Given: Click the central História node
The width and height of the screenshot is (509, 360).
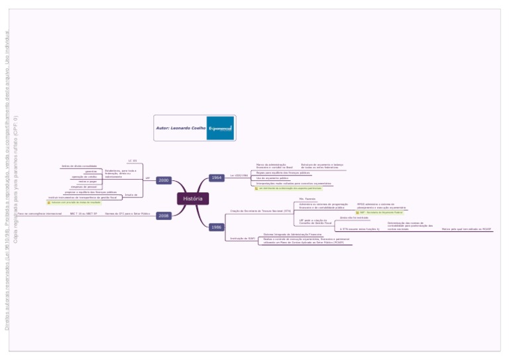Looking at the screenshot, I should [193, 198].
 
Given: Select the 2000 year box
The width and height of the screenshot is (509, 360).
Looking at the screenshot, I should [164, 180].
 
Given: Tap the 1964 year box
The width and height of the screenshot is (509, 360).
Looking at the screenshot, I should [217, 178].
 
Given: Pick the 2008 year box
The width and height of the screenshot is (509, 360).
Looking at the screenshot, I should [164, 215].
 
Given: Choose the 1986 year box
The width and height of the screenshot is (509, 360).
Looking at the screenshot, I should [217, 227].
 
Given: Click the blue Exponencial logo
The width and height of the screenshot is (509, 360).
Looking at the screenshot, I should [221, 127].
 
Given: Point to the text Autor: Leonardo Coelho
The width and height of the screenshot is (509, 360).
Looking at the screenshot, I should [180, 127].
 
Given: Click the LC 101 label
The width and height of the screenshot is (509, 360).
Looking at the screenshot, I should [133, 160].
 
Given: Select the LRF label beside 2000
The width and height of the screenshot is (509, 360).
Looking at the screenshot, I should [147, 178].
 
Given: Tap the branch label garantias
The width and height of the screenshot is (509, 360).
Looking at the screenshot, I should [91, 171].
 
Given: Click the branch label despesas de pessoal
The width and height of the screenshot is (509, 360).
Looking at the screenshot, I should [84, 187].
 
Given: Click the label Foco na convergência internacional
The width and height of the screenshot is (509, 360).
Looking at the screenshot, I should [40, 214].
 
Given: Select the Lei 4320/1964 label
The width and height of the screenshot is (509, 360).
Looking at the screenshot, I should [239, 176].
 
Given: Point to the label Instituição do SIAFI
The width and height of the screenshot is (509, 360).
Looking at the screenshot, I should [242, 238].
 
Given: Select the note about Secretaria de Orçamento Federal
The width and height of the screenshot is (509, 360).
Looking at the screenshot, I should [380, 212].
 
